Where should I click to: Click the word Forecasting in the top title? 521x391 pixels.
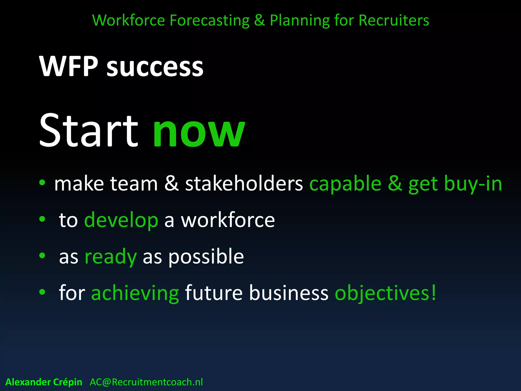209,20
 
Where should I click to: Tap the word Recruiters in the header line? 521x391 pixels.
394,20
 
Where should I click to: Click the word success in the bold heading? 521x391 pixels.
155,67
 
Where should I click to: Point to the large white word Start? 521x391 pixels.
89,130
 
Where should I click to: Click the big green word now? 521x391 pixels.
199,132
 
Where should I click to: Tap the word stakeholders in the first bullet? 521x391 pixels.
244,184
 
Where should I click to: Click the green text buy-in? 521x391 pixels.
473,184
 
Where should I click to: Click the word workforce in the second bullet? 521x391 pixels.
228,220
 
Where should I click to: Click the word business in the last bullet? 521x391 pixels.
289,293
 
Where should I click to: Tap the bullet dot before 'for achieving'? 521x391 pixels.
42,292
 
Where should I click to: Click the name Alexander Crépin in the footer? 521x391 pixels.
44,382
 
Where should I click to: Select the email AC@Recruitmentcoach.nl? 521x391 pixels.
146,382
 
